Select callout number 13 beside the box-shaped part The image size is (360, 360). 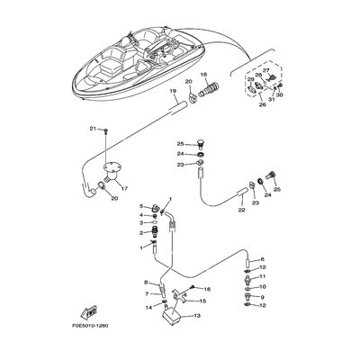pos(199,316)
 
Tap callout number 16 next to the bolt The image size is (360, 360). pos(206,288)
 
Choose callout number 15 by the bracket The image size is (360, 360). pos(202,301)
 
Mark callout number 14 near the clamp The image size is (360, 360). pos(148,308)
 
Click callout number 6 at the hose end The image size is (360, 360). pos(262,258)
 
